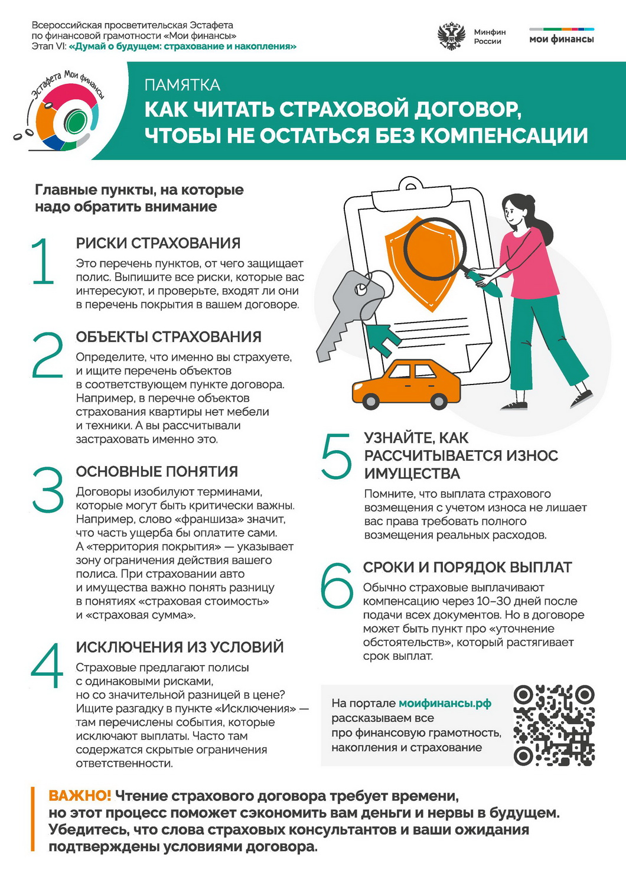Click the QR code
tap(554, 725)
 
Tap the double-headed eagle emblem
tap(451, 36)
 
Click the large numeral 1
tap(44, 261)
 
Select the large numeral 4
tap(47, 665)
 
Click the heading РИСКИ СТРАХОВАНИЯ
tap(158, 243)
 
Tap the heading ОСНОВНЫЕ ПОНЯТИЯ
tap(157, 471)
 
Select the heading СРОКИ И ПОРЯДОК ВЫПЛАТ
tap(467, 567)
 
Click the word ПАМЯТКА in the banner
tap(182, 85)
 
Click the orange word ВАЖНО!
tap(80, 796)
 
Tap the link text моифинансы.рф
tap(445, 703)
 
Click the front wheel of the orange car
tap(371, 402)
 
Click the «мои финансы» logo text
tap(562, 40)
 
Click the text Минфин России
tap(490, 37)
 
